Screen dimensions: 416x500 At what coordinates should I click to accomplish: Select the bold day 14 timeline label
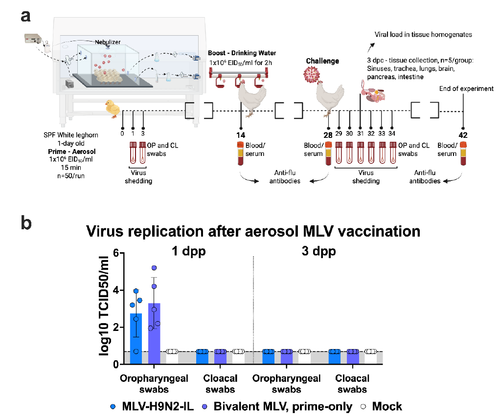(240, 135)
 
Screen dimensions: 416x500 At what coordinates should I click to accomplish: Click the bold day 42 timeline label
(464, 135)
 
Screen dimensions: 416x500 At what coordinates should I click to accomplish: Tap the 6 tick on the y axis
(115, 253)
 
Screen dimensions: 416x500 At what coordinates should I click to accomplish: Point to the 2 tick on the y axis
(115, 328)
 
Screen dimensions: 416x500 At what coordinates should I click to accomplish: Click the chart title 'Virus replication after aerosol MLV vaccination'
(253, 231)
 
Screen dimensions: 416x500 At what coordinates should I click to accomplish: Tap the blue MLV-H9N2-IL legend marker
(114, 406)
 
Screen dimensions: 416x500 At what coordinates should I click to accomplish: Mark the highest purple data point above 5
(154, 268)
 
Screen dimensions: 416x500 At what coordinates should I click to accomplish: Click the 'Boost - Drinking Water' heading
(242, 53)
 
